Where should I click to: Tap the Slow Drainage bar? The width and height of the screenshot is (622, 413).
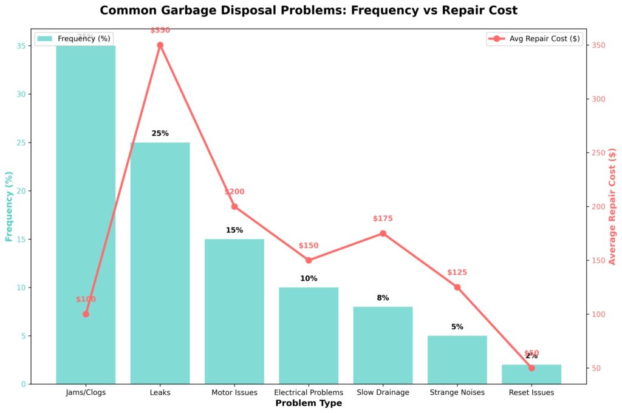(x=383, y=345)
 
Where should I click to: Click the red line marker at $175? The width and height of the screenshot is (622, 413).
(x=383, y=233)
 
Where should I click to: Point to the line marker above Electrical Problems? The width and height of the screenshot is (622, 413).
(x=309, y=260)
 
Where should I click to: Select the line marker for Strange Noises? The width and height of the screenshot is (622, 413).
(x=457, y=287)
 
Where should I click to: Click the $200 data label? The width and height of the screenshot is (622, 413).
(x=234, y=192)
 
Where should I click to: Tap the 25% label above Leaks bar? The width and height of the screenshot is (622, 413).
(x=160, y=133)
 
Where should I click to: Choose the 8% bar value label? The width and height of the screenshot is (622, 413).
(x=383, y=298)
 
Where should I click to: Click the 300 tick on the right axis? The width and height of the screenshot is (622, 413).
(x=599, y=99)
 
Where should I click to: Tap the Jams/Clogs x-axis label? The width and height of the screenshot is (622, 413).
(x=86, y=392)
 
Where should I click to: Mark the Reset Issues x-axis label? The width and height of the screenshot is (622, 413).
(x=531, y=392)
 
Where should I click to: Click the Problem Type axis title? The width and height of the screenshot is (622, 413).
(x=309, y=403)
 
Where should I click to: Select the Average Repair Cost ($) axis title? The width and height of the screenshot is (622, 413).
(x=612, y=206)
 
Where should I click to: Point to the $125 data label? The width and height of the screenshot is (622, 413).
(x=457, y=273)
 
